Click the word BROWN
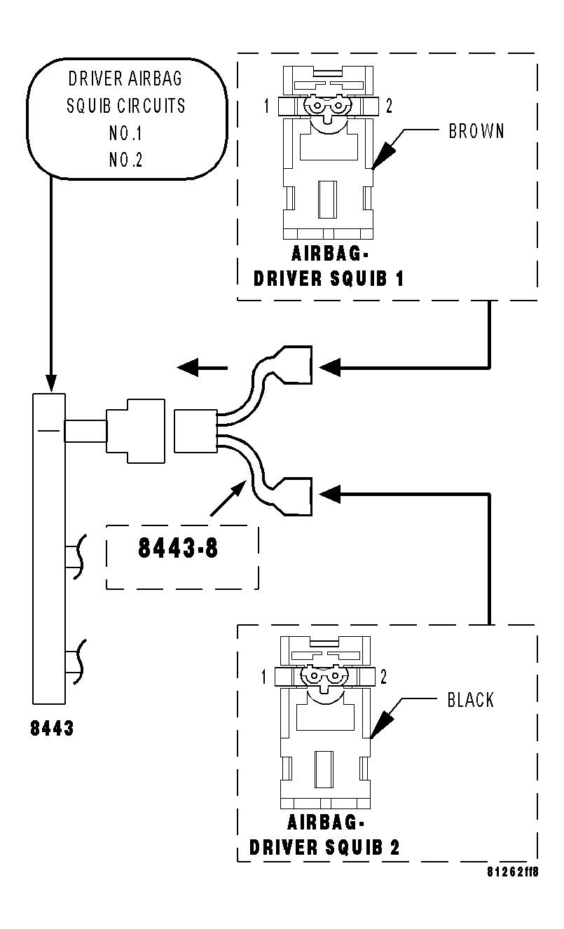pos(476,131)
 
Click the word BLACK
pos(470,700)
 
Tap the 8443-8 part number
pos(177,548)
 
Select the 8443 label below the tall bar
pos(52,729)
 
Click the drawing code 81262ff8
pos(513,872)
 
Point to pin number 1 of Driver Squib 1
pos(267,106)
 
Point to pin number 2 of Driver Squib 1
pos(390,106)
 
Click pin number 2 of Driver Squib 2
pos(383,677)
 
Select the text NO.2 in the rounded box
pos(126,160)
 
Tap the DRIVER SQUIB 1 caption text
pos(329,278)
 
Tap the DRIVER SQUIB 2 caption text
pos(324,847)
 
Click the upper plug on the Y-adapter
pos(295,365)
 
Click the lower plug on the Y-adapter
pos(295,495)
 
